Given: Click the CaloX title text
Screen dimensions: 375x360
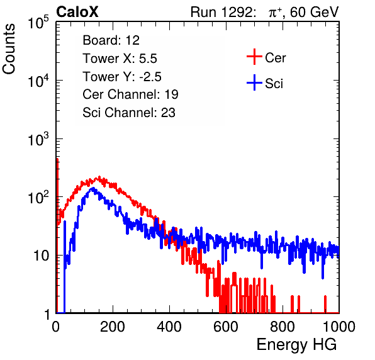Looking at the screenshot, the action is point(77,12).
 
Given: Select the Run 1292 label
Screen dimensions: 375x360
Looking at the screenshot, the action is point(221,12).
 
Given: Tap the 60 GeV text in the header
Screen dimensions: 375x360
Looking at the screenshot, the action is point(314,12).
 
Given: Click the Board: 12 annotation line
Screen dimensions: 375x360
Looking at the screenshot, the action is point(111,40).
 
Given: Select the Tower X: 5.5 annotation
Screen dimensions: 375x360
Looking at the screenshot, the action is point(120,59).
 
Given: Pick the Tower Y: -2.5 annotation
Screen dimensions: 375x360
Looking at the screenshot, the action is point(122,77).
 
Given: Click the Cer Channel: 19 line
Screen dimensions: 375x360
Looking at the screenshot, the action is point(130,94).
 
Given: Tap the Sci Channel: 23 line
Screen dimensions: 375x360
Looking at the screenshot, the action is point(129,113).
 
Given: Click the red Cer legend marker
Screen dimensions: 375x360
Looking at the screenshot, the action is point(254,57).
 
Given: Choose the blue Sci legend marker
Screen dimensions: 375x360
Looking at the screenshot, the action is point(254,82).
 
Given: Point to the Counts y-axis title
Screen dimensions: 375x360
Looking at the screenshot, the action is point(9,49).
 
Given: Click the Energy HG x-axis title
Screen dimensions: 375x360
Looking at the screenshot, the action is point(296,345).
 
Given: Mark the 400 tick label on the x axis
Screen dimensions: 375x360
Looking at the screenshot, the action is point(169,327).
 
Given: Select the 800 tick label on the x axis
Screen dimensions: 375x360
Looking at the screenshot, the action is point(283,327).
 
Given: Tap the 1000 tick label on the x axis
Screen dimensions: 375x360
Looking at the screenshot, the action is point(339,327).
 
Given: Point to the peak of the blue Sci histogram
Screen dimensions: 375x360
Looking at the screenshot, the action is point(93,188).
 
